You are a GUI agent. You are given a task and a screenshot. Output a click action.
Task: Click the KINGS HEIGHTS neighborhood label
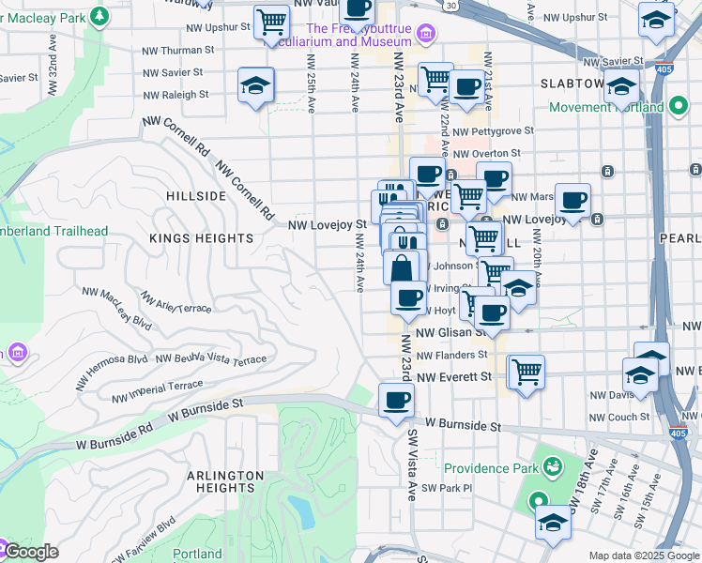tap(202, 239)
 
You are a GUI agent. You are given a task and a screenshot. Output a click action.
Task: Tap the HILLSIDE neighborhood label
tap(195, 196)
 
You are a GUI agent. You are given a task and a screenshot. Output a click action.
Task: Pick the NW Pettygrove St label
tap(493, 131)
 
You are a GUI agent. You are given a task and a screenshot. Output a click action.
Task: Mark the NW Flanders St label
tap(452, 356)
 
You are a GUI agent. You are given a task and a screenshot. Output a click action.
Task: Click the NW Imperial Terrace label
tap(158, 391)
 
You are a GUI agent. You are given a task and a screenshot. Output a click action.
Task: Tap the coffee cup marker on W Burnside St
tap(396, 401)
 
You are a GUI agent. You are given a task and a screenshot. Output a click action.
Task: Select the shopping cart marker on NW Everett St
tap(526, 371)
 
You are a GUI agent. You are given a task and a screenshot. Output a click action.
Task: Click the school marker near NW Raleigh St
tap(256, 85)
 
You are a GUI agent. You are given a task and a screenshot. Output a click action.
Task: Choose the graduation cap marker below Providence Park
tap(553, 523)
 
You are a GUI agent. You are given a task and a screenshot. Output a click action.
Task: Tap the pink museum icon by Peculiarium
tap(426, 35)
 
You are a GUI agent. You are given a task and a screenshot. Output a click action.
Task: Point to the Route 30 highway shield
tap(451, 6)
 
